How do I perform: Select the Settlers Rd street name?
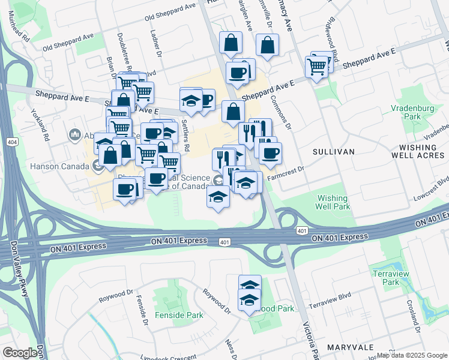(186, 140)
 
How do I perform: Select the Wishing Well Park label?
(333, 202)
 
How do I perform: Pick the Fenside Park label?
(179, 314)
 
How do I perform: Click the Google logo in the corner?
(20, 353)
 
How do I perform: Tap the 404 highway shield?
(12, 142)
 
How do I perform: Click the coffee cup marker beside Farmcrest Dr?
(270, 153)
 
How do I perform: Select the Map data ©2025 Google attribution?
(412, 355)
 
